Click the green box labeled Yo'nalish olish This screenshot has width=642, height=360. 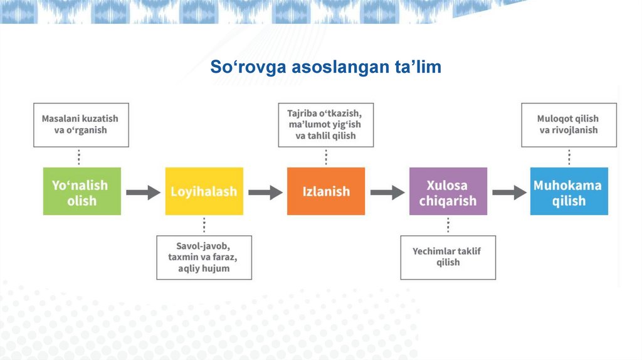82,192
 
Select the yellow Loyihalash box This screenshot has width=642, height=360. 204,192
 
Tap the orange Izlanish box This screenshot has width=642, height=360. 325,192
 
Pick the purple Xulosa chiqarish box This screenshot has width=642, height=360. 448,192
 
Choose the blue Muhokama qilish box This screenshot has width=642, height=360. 569,192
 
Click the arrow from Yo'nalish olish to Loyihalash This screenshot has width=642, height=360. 143,193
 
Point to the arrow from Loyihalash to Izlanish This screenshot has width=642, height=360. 265,193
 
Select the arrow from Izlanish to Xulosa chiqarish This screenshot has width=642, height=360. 387,193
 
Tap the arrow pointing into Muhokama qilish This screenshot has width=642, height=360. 509,193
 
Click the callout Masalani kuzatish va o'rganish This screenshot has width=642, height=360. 80,125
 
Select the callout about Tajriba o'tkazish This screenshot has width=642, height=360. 325,125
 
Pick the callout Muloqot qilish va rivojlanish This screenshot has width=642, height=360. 569,125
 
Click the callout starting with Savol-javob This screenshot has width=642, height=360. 204,257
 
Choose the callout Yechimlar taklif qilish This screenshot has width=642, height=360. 448,257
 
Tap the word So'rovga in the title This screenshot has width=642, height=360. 250,66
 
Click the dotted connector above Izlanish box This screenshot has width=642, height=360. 325,157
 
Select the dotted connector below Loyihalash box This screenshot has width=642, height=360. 204,225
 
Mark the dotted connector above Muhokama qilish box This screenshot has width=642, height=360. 569,157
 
